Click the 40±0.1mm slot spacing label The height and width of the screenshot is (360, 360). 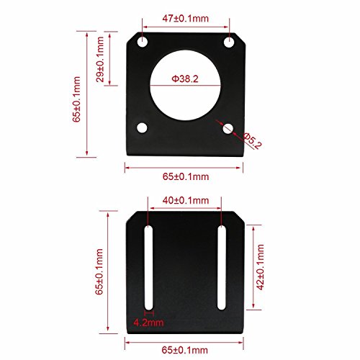pos(185,200)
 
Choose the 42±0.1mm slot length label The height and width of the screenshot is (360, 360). pos(260,266)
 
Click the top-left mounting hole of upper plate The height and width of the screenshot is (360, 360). pos(145,42)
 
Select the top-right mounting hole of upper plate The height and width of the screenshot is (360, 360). pos(230,42)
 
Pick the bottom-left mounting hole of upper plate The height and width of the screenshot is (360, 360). pos(142,127)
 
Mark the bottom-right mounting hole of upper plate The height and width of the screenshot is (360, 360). pos(228,128)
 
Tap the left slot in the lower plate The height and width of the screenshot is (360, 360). pos(149,266)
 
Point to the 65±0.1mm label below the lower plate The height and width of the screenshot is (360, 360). pos(185,349)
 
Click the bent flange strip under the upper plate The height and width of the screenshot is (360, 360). pos(186,151)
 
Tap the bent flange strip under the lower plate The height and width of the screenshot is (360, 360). pos(186,327)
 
